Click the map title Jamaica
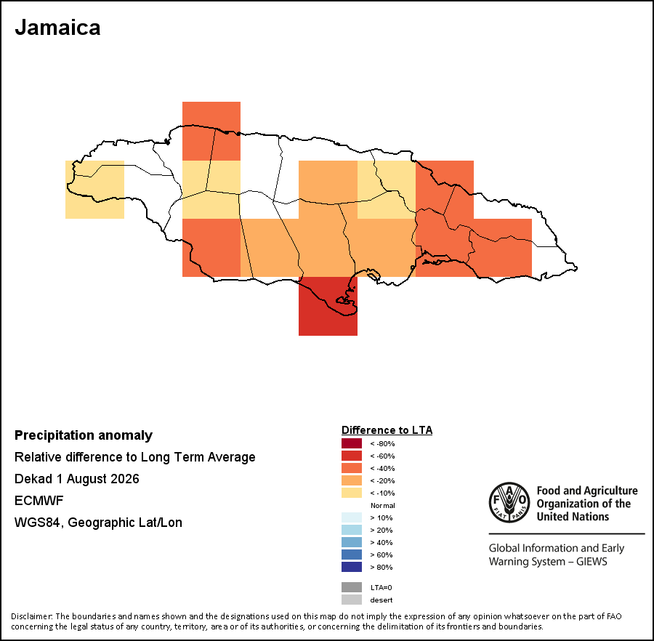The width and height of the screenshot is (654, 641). tap(57, 28)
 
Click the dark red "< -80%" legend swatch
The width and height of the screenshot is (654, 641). tap(352, 443)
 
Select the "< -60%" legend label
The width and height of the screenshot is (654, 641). tap(382, 456)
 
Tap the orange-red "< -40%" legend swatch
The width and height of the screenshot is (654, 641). tap(352, 468)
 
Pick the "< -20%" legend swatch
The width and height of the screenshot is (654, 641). tap(352, 480)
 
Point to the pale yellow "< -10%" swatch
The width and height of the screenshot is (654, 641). tap(352, 493)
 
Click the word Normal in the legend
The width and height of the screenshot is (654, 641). tap(383, 506)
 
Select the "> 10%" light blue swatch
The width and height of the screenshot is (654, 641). tap(352, 517)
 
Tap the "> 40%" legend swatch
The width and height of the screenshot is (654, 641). tap(352, 542)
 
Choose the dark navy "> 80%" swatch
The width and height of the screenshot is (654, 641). tap(352, 567)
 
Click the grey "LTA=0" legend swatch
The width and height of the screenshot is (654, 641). tap(352, 587)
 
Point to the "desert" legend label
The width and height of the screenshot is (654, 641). tap(381, 600)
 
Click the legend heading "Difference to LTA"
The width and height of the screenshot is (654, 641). tap(387, 430)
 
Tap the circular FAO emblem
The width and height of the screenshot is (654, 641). tap(509, 502)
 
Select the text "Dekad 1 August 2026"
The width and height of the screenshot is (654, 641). tap(77, 479)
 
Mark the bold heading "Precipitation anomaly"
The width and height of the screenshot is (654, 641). tap(84, 435)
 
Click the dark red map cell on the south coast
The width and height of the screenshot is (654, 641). tap(328, 306)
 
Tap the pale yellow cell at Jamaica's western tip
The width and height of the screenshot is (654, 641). tap(94, 190)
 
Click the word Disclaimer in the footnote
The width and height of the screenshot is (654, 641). tap(31, 616)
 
